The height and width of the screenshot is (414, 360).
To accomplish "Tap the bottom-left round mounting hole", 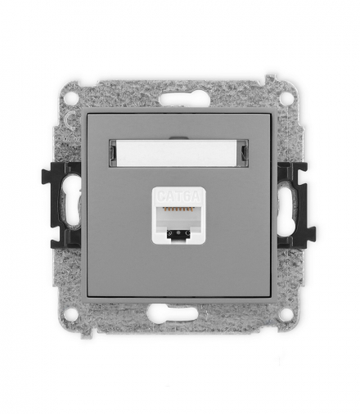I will click(x=73, y=313).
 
